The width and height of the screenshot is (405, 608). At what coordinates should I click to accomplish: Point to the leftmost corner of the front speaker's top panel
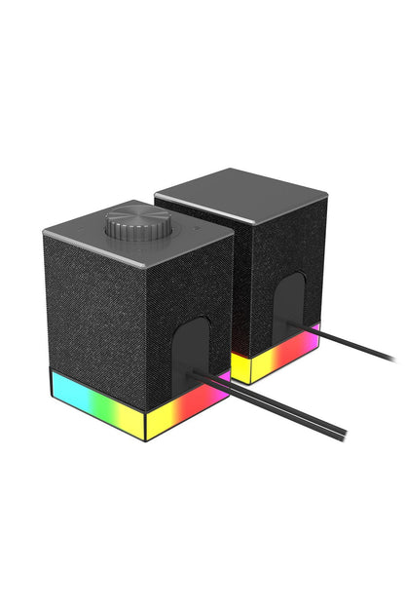pyautogui.click(x=45, y=232)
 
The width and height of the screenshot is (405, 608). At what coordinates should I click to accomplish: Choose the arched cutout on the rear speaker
pyautogui.click(x=288, y=302)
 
